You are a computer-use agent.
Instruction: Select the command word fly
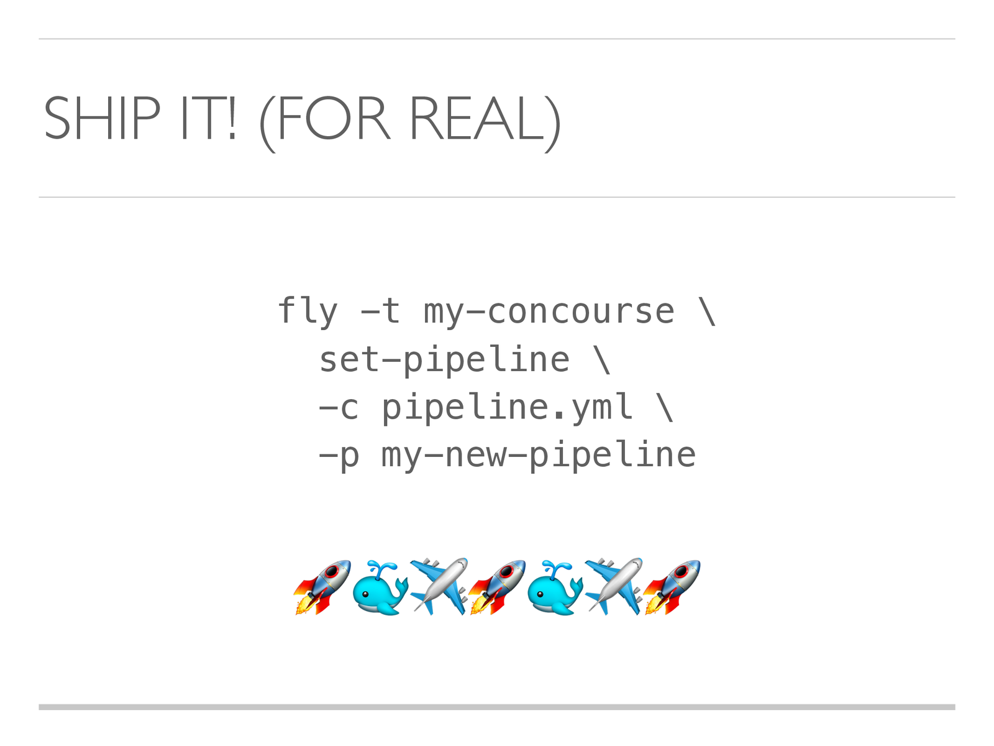coord(308,311)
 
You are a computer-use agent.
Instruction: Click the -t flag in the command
coord(381,311)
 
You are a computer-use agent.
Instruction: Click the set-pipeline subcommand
coord(444,360)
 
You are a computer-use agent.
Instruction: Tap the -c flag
coord(339,408)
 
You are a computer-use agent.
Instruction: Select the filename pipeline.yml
coord(507,408)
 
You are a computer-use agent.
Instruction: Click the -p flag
coord(339,456)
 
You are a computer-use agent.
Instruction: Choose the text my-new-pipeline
coord(538,456)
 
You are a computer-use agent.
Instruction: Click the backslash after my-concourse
coord(707,311)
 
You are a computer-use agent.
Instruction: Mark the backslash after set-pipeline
coord(602,360)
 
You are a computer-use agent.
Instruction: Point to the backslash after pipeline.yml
coord(665,408)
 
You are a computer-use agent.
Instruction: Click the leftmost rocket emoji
coord(322,587)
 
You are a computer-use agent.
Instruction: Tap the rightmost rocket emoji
coord(672,587)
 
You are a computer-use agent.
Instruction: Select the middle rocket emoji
coord(497,587)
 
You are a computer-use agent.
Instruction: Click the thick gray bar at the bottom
coord(497,707)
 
